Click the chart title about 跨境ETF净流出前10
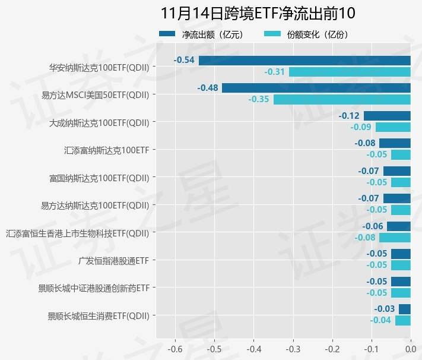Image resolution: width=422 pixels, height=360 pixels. click(258, 14)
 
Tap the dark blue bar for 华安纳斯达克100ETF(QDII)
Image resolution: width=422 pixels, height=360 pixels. click(304, 60)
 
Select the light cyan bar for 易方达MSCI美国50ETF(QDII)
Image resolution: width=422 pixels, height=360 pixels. click(342, 99)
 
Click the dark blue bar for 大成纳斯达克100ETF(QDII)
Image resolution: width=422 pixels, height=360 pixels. click(387, 116)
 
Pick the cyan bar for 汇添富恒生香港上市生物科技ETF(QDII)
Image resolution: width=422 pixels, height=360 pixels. click(395, 238)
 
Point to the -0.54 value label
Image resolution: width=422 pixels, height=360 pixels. click(184, 60)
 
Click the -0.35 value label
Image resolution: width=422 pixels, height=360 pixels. click(259, 99)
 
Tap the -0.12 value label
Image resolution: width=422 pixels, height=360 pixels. click(349, 116)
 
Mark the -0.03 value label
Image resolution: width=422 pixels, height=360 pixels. click(384, 309)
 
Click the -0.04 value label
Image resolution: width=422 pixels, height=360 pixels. click(380, 320)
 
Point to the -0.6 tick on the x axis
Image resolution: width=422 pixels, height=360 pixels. click(175, 349)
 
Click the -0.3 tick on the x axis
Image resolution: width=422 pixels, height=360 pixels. click(293, 349)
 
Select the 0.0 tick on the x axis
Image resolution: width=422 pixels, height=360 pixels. click(410, 349)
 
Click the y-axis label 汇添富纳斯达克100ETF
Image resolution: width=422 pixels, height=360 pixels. click(106, 150)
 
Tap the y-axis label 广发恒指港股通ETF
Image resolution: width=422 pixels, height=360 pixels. click(113, 260)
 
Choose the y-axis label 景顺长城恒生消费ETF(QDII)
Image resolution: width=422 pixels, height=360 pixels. click(99, 315)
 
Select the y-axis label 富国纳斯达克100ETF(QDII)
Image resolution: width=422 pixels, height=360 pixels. click(99, 178)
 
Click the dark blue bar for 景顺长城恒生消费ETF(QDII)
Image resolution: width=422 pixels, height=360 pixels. click(404, 309)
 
